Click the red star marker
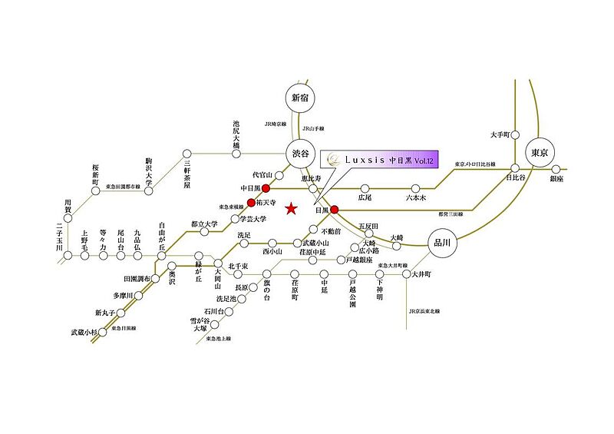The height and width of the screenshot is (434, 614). (x=291, y=208)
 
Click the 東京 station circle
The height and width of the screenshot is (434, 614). (x=540, y=153)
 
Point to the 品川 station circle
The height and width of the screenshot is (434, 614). (x=442, y=242)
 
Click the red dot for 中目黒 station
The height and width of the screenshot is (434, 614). (x=266, y=187)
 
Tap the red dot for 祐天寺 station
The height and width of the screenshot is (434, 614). (x=251, y=203)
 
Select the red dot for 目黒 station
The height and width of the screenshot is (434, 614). (x=334, y=208)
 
